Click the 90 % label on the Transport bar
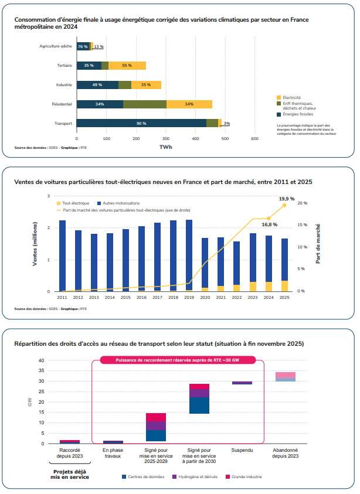tap(141, 124)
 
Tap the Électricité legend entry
tap(291, 97)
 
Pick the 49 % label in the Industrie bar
tap(97, 85)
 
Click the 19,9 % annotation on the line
tap(286, 199)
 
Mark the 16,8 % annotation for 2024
tap(269, 224)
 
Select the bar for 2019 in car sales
tap(189, 255)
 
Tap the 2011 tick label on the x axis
tap(62, 298)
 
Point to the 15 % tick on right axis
tap(301, 225)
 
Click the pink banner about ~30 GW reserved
tap(177, 360)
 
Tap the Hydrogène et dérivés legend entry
tap(193, 477)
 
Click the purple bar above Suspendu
tap(242, 383)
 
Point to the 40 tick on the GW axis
tap(42, 360)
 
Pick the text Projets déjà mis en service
tap(71, 475)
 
